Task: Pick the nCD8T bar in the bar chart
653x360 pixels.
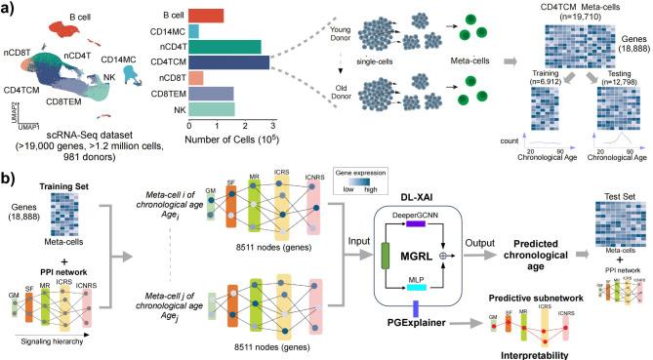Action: (x=195, y=78)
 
